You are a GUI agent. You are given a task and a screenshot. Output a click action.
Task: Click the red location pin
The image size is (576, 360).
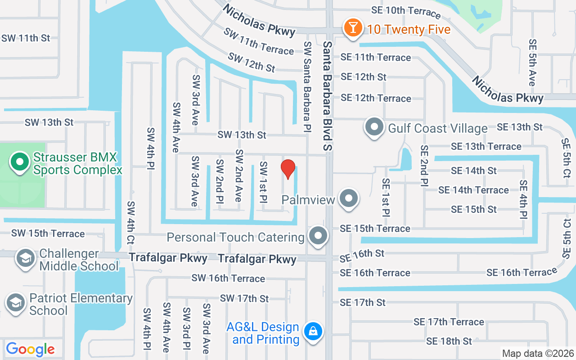click(288, 168)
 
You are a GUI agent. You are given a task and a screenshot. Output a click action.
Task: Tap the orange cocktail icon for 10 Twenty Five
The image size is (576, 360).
click(353, 28)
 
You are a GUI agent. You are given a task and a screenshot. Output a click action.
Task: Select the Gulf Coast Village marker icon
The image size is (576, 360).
click(373, 127)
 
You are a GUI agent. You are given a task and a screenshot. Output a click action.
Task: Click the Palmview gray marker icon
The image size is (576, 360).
click(348, 198)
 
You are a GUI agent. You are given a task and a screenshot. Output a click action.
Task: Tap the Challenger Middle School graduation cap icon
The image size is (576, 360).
click(26, 258)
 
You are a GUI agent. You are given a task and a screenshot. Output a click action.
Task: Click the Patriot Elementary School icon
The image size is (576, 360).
click(16, 302)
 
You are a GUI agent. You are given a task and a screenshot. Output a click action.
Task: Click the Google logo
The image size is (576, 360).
click(30, 349)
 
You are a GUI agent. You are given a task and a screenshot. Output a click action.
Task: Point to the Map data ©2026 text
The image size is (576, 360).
click(538, 353)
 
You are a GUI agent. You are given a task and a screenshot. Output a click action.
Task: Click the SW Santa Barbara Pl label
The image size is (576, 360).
click(307, 87)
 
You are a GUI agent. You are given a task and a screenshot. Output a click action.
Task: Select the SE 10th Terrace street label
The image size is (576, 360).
click(406, 11)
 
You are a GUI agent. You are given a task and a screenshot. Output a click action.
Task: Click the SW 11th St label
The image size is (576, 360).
click(26, 38)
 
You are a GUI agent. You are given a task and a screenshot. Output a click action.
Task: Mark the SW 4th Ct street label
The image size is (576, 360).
click(130, 223)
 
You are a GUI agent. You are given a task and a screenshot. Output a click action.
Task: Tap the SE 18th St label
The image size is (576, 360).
click(449, 341)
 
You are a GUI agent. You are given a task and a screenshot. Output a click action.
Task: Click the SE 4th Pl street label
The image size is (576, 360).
click(523, 199)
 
